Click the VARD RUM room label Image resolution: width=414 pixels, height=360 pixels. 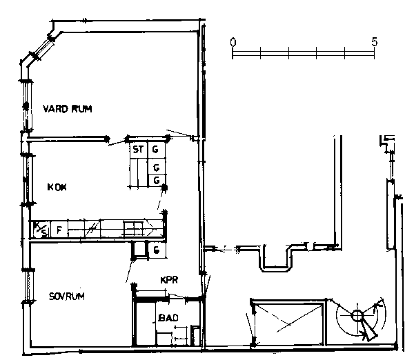point(68,109)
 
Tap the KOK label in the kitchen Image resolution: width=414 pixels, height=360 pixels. point(57,187)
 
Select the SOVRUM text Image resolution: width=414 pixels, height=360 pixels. point(67,296)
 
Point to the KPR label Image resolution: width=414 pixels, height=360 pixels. point(169,280)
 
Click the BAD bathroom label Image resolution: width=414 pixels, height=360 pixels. point(168,317)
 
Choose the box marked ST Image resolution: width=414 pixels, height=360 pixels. point(138,150)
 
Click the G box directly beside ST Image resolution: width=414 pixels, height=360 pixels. point(157,150)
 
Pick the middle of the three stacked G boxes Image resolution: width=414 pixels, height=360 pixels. point(157,167)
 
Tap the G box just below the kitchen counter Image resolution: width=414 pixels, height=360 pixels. point(157,250)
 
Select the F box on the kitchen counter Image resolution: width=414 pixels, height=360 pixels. point(59,230)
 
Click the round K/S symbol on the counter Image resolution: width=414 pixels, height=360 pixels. point(41,230)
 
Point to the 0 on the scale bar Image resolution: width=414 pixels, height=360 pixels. point(233,42)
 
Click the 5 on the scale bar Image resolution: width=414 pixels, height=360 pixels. point(375,41)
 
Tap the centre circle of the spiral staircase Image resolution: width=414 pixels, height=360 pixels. point(357,316)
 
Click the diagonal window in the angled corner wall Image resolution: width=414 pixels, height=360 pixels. point(44,48)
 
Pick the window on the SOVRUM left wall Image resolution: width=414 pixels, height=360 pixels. point(28,286)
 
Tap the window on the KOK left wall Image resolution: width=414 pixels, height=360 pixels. point(27,179)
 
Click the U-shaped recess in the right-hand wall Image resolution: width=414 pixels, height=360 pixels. point(276,259)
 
